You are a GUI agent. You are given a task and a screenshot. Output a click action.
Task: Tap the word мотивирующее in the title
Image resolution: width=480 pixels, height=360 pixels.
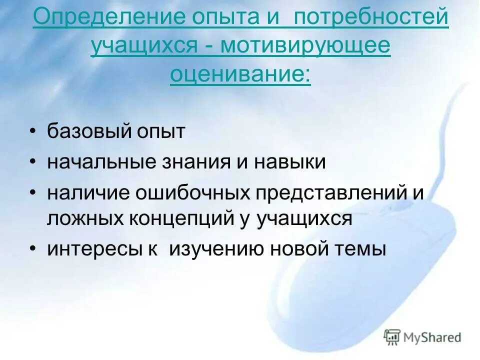coord(305,46)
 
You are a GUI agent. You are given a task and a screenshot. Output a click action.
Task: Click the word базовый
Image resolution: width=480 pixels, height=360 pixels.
coord(88,132)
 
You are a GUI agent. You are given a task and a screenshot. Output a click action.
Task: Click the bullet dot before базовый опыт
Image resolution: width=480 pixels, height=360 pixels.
coord(32,132)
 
